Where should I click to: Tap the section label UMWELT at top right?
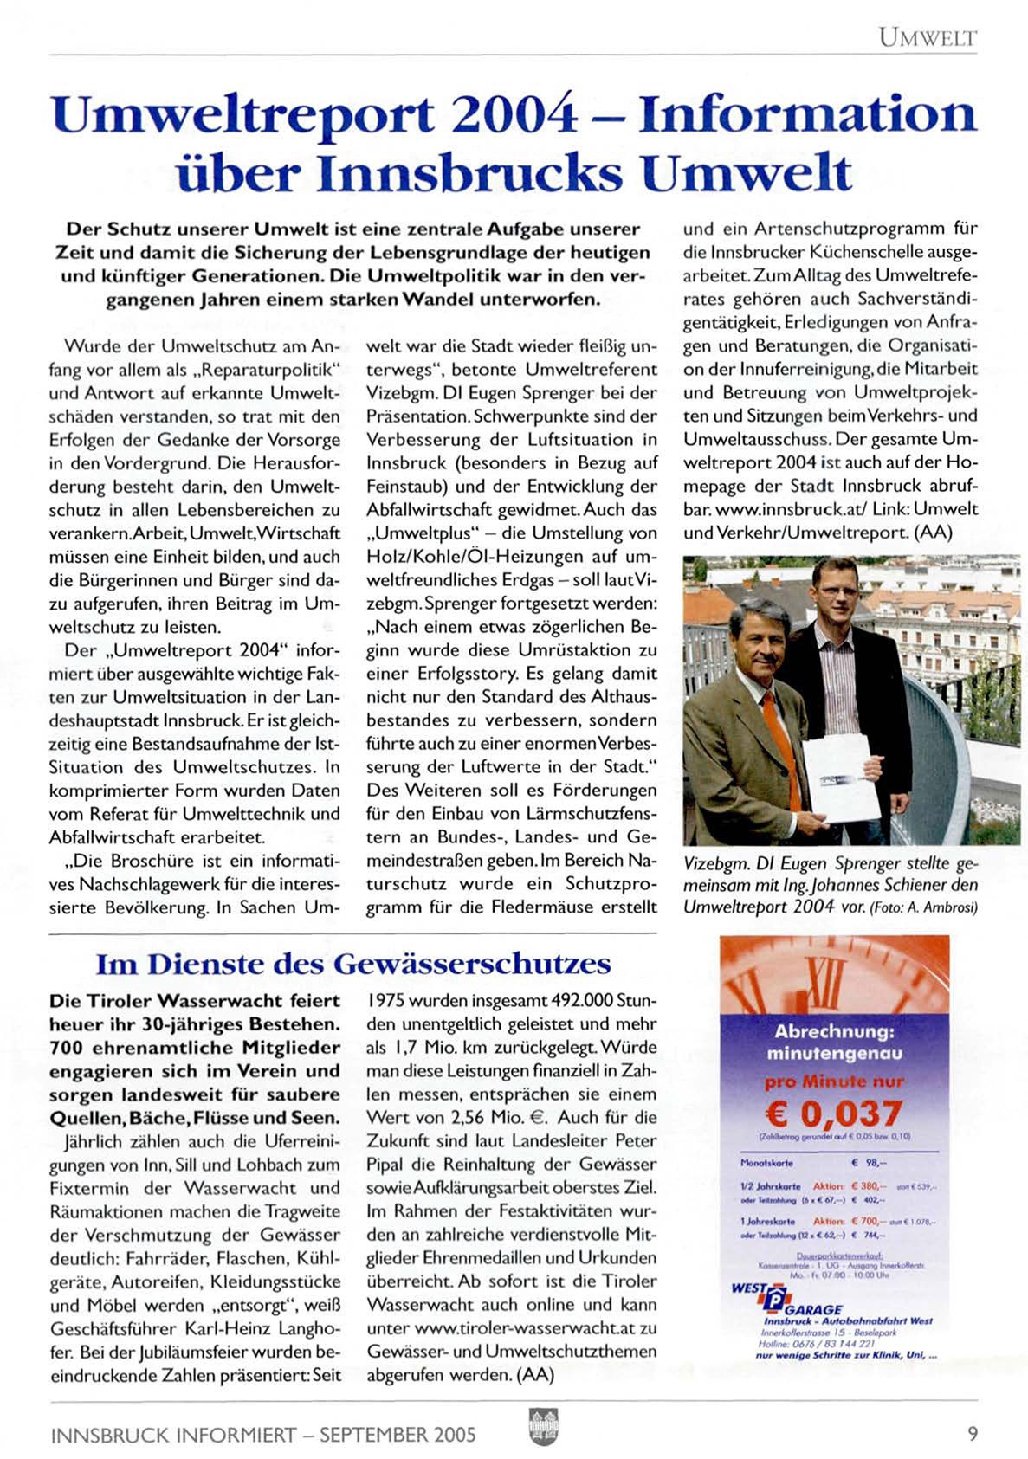pos(927,37)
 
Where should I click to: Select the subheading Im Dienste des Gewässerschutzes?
pos(352,964)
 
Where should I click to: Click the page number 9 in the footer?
pos(972,1433)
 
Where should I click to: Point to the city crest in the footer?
pos(542,1426)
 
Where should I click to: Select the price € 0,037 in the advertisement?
pos(833,1113)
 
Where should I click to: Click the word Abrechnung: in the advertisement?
pos(834,1031)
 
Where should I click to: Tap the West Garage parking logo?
pos(775,1300)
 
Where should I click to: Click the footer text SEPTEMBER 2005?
pos(398,1435)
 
